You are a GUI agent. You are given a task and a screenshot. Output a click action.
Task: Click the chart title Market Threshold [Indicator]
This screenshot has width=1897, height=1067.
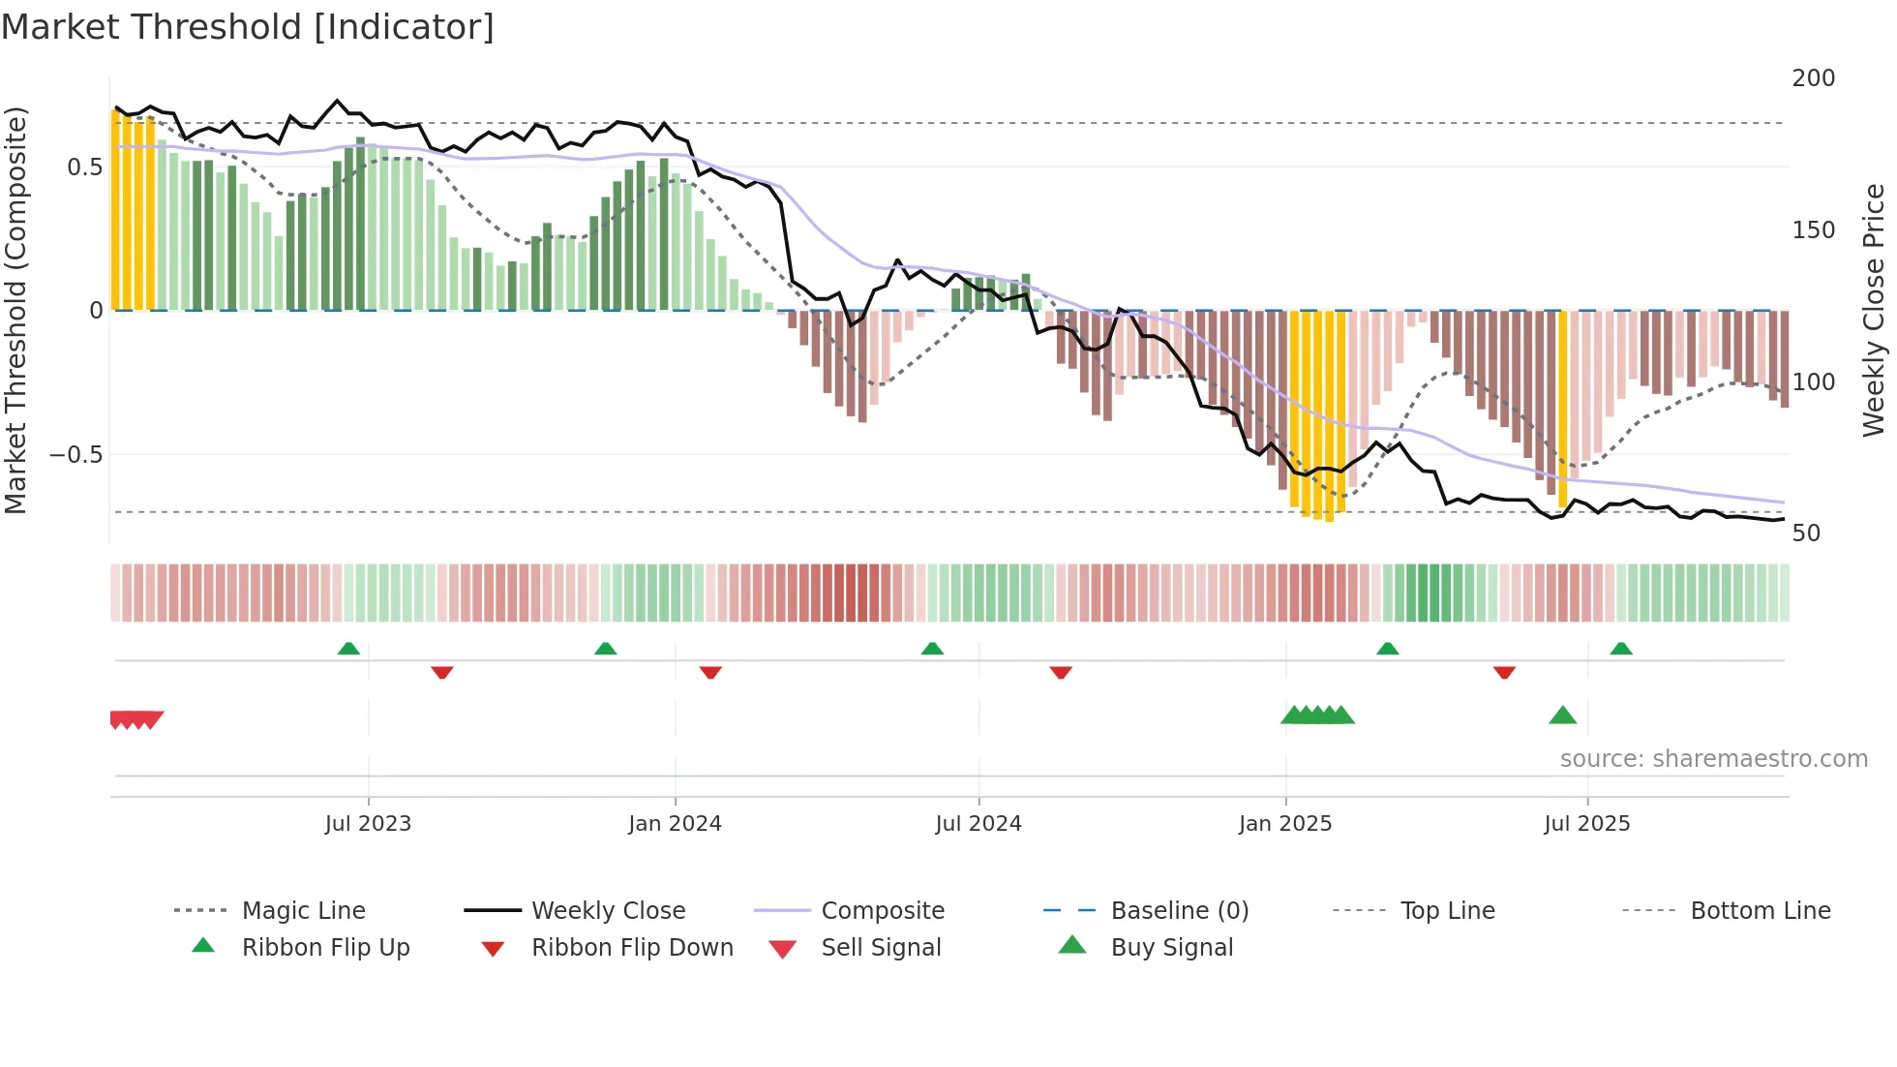coord(248,27)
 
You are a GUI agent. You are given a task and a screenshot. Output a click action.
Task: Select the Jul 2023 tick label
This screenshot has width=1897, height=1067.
coord(368,824)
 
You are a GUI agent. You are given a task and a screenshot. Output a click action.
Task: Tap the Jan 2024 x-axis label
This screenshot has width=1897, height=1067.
coord(675,824)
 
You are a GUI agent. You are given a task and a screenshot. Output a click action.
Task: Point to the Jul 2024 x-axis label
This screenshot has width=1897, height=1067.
coord(978,824)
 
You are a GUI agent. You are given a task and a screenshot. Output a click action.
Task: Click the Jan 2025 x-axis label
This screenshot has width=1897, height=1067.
coord(1285,824)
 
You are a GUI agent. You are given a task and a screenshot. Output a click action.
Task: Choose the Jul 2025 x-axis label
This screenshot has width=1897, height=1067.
coord(1586,824)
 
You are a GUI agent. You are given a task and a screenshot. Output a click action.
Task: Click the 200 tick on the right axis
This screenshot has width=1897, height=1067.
coord(1813,78)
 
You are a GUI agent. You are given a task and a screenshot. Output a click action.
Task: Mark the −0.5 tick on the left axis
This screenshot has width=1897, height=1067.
coord(75,455)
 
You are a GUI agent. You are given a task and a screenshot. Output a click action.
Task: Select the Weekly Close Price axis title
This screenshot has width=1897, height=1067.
coord(1874,310)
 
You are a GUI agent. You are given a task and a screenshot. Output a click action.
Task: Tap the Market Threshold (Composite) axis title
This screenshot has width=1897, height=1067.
coord(15,310)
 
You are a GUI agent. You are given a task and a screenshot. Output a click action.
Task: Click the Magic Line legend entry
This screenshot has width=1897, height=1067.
coord(303,911)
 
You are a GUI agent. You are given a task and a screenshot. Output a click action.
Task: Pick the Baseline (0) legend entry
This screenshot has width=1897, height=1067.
coord(1179,911)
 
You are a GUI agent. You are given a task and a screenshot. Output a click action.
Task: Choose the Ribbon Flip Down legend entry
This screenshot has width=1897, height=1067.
coord(632,948)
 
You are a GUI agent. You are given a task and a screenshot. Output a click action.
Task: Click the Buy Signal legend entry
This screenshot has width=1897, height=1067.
coord(1171,948)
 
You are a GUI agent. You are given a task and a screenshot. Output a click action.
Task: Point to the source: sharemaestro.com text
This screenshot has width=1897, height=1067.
coord(1713,759)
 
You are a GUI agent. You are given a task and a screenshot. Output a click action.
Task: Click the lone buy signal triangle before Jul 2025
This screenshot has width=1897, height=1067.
coord(1562,716)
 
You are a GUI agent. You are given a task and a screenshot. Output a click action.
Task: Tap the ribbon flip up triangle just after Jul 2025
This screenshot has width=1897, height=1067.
coord(1621,649)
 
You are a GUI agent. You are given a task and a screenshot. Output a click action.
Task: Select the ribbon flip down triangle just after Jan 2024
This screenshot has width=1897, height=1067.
coord(710,672)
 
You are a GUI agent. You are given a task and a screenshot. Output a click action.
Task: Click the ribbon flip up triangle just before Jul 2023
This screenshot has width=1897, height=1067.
coord(348,649)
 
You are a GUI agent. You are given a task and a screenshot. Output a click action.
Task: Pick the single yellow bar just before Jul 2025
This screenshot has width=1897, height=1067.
coord(1562,407)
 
